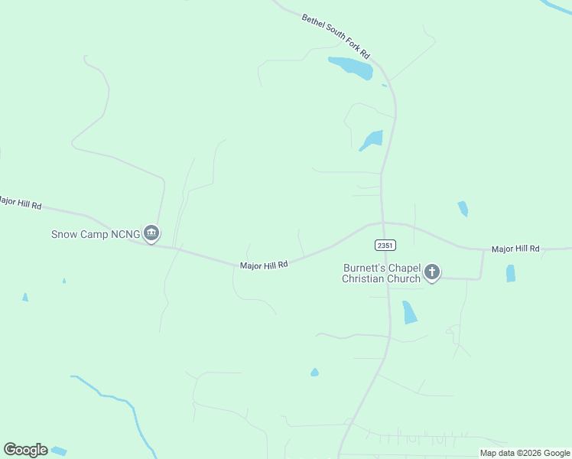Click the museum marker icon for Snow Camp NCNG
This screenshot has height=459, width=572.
coord(151,233)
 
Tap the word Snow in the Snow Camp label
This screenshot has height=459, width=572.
coord(65,234)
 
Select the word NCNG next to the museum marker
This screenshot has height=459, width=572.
coord(125,234)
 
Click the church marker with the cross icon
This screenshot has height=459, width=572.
coord(432,272)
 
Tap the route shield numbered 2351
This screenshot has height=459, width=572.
coord(385,245)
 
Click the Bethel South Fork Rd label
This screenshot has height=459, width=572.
coord(336,36)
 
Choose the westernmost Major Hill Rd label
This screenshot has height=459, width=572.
coord(19,203)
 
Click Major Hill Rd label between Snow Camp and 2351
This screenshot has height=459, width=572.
coord(264,265)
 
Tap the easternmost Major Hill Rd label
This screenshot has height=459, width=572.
coord(515,249)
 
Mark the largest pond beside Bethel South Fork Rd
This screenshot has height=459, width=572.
coord(351,67)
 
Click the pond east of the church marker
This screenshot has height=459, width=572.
coord(511,273)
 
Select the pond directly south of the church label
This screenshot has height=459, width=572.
coord(409,312)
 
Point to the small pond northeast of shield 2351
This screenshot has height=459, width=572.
coord(463,208)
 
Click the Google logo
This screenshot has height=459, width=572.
coord(25,450)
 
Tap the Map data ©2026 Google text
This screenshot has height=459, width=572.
coord(525,453)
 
